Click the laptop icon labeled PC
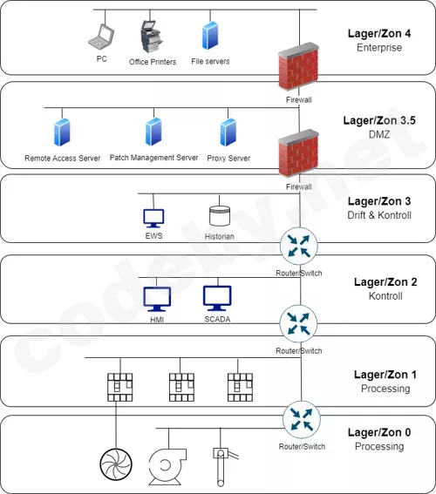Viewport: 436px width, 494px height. point(101,37)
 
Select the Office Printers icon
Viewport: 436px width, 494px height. point(152,37)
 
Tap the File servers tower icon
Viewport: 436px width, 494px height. point(210,35)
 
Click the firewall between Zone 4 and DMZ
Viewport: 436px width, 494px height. point(298,67)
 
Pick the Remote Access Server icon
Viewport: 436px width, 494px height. point(62,132)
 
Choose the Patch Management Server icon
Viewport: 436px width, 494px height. point(153,132)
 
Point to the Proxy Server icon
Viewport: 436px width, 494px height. point(228,132)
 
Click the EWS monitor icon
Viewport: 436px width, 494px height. point(153,218)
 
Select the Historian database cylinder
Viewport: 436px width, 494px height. point(220,216)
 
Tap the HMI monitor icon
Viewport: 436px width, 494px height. point(157,299)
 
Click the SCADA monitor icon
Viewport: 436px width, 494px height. point(217,298)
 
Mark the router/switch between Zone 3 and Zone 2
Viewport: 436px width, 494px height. point(299,246)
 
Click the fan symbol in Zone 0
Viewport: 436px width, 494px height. point(116,464)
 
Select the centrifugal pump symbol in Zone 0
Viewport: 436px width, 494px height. point(167,467)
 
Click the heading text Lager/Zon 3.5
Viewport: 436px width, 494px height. point(379,120)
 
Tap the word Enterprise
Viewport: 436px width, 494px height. point(379,48)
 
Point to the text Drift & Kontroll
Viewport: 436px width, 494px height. point(379,215)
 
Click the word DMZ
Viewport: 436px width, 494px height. point(379,134)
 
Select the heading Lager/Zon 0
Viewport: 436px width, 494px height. point(379,432)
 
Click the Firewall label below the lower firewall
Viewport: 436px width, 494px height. point(299,186)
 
